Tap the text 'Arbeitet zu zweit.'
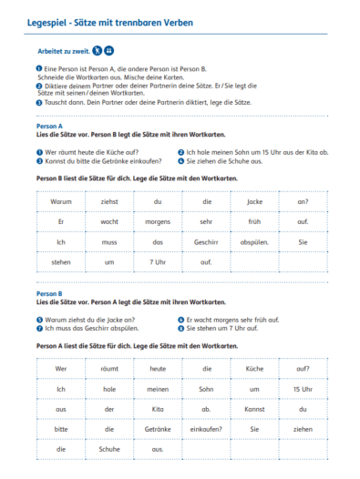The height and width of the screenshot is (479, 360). point(63,52)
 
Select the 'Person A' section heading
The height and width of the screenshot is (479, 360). point(48,127)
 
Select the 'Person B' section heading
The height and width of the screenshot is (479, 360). point(48,295)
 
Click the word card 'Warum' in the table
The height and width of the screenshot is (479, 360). point(61,201)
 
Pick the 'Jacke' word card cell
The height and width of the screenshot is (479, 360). point(254,201)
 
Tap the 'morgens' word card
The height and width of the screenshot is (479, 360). point(158,221)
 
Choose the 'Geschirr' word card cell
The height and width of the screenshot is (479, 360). point(206,242)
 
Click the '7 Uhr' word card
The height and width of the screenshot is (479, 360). point(158,263)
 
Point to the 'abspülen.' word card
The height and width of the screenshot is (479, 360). point(254,242)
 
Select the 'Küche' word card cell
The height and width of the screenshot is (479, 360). point(254,369)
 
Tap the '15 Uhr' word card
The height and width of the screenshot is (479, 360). point(303,389)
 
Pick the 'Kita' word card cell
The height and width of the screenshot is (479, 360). point(158,409)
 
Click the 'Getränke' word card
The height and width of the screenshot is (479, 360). point(158,429)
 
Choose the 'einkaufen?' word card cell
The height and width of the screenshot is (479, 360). point(206,429)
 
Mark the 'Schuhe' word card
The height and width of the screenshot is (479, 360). point(109,449)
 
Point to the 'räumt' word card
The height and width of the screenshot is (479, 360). point(109,369)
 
